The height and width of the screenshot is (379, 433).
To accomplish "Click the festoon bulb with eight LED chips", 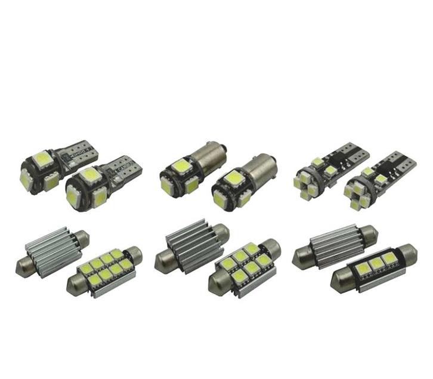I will pyautogui.click(x=105, y=270).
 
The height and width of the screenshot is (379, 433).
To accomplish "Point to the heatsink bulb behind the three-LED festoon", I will pyautogui.click(x=336, y=244).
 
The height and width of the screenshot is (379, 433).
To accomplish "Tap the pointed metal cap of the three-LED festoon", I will pyautogui.click(x=338, y=284).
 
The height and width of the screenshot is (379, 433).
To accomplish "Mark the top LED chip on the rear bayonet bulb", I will pyautogui.click(x=181, y=164).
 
